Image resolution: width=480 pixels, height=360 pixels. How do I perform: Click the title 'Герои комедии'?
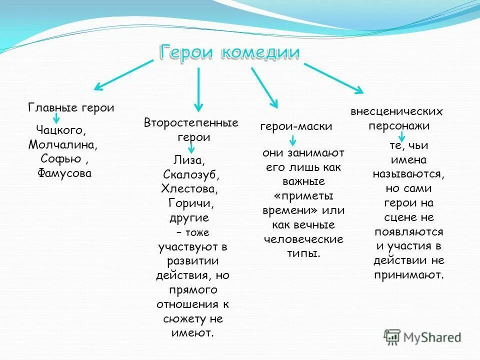point(229,52)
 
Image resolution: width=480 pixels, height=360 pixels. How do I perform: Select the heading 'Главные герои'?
point(71,107)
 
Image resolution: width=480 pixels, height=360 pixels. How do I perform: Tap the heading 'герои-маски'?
point(296,126)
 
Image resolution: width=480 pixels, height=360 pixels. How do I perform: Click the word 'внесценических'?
point(396,111)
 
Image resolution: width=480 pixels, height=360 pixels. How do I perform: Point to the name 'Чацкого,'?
point(61,131)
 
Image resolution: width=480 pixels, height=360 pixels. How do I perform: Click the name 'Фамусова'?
point(64,173)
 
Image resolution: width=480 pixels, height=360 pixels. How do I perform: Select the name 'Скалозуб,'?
point(191,175)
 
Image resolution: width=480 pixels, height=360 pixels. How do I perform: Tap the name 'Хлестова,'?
point(189,189)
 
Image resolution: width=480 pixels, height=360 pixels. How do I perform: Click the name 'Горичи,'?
point(191,203)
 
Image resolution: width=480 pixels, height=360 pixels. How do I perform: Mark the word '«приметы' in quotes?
point(303,195)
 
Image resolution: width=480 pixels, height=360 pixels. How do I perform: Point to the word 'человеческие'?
point(303,239)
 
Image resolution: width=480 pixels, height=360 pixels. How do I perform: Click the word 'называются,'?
point(408,175)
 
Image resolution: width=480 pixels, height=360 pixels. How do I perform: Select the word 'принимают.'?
point(408,275)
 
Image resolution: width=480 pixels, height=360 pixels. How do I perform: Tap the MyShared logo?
point(422,337)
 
